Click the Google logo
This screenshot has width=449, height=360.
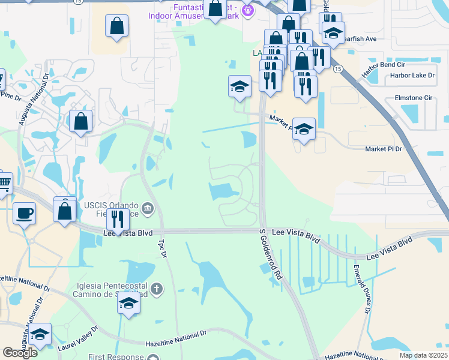(20, 353)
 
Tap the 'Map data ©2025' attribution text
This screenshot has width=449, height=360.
(423, 355)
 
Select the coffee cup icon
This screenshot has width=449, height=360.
(24, 214)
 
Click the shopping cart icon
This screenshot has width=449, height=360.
(4, 182)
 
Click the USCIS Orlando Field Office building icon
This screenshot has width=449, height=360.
(148, 209)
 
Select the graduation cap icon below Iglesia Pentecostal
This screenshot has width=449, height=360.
(128, 304)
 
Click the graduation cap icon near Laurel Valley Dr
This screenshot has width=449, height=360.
(40, 334)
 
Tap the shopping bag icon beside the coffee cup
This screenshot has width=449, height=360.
(64, 211)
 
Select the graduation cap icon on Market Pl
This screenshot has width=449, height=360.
(304, 128)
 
